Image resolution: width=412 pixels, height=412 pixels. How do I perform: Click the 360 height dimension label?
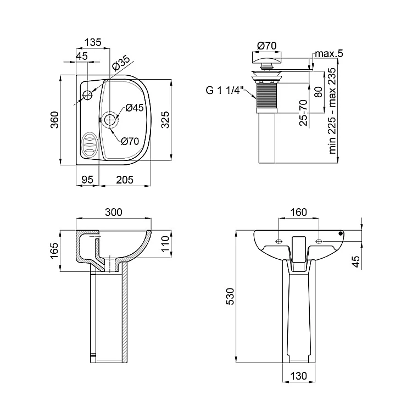pyautogui.click(x=54, y=120)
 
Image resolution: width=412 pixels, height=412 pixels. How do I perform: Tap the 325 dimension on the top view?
pyautogui.click(x=165, y=120)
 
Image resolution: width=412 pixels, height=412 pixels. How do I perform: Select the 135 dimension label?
pyautogui.click(x=93, y=42)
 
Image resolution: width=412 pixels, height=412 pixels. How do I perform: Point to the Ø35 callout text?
pyautogui.click(x=121, y=63)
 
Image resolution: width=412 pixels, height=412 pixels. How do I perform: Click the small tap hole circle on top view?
pyautogui.click(x=87, y=95)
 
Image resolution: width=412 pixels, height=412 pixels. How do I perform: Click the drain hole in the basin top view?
pyautogui.click(x=110, y=120)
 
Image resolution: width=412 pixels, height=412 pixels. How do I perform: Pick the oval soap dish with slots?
pyautogui.click(x=90, y=144)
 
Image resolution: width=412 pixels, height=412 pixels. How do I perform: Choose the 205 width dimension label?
pyautogui.click(x=125, y=180)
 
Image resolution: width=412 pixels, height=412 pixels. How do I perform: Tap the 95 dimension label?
pyautogui.click(x=87, y=180)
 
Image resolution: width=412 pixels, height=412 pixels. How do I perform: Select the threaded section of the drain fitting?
pyautogui.click(x=266, y=96)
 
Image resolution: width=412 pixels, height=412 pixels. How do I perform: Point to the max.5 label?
pyautogui.click(x=329, y=53)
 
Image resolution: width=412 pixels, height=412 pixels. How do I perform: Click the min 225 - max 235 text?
pyautogui.click(x=332, y=110)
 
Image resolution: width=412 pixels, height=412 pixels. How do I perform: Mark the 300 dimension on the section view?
pyautogui.click(x=114, y=212)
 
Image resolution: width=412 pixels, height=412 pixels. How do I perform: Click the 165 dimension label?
pyautogui.click(x=54, y=250)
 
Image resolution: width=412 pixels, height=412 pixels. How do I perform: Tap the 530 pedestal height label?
pyautogui.click(x=230, y=297)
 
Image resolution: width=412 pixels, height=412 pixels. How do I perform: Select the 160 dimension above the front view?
pyautogui.click(x=299, y=212)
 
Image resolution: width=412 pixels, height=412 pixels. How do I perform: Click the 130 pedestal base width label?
pyautogui.click(x=299, y=376)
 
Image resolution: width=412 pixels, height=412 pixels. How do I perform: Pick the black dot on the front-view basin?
pyautogui.click(x=341, y=233)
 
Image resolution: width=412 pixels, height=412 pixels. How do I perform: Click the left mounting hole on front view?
pyautogui.click(x=279, y=242)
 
